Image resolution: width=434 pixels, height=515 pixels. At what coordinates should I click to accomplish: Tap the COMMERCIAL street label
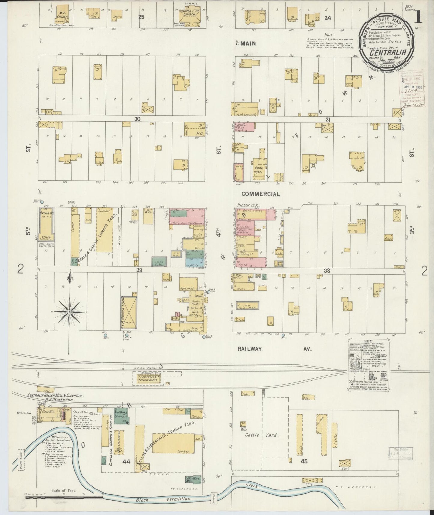(260, 194)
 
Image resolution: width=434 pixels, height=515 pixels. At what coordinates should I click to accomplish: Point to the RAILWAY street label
(250, 349)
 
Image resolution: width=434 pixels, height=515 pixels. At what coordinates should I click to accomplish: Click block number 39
(139, 270)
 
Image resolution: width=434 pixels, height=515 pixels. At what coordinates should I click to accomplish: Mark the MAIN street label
(248, 44)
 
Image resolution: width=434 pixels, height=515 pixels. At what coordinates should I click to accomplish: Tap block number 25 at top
(141, 17)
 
